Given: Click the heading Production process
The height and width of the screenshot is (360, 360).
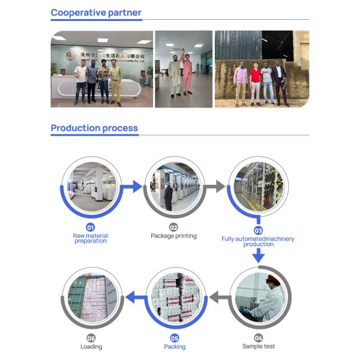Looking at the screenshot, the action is coord(94,128).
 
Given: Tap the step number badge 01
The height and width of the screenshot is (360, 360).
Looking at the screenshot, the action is coord(91,227).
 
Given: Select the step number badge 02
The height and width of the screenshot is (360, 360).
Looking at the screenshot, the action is coord(173,227).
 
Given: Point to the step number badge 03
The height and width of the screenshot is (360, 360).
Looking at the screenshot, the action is coord(258,230).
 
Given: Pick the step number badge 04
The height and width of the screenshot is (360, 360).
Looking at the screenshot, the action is coord(259,338).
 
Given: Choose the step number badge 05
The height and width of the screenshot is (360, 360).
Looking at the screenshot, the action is coord(175,338).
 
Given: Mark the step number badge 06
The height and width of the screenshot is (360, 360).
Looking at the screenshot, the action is coord(91,338).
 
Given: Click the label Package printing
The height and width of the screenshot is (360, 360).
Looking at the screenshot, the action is coord(173,236).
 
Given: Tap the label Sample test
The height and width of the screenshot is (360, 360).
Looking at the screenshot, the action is coord(259,346).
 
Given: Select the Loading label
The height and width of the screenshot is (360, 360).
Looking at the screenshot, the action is coord(91,346).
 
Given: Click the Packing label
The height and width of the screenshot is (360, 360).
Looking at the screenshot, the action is coord(175,346).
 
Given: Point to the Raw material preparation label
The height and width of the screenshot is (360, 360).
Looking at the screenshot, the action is coord(91,238).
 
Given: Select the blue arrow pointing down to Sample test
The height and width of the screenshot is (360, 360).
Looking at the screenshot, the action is coord(258,256).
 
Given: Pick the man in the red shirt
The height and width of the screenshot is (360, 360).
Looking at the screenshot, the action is coord(255,84).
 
